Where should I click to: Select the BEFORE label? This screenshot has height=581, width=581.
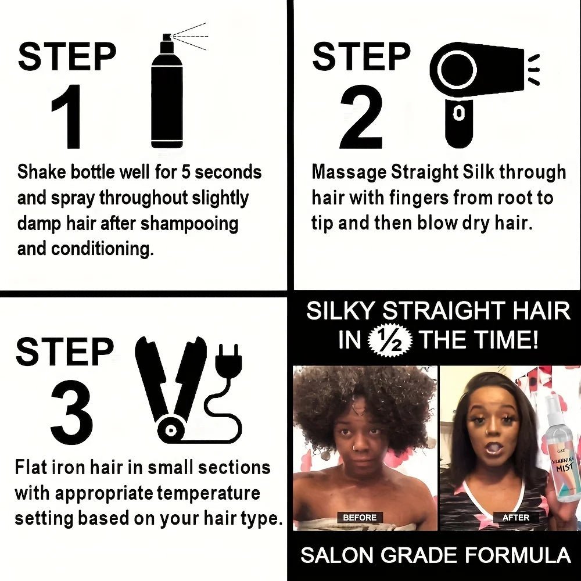(x=360, y=517)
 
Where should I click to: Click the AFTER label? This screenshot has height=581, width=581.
(x=515, y=517)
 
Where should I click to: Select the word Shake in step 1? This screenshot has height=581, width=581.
(x=42, y=173)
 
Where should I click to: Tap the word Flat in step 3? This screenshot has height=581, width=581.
(x=30, y=468)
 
